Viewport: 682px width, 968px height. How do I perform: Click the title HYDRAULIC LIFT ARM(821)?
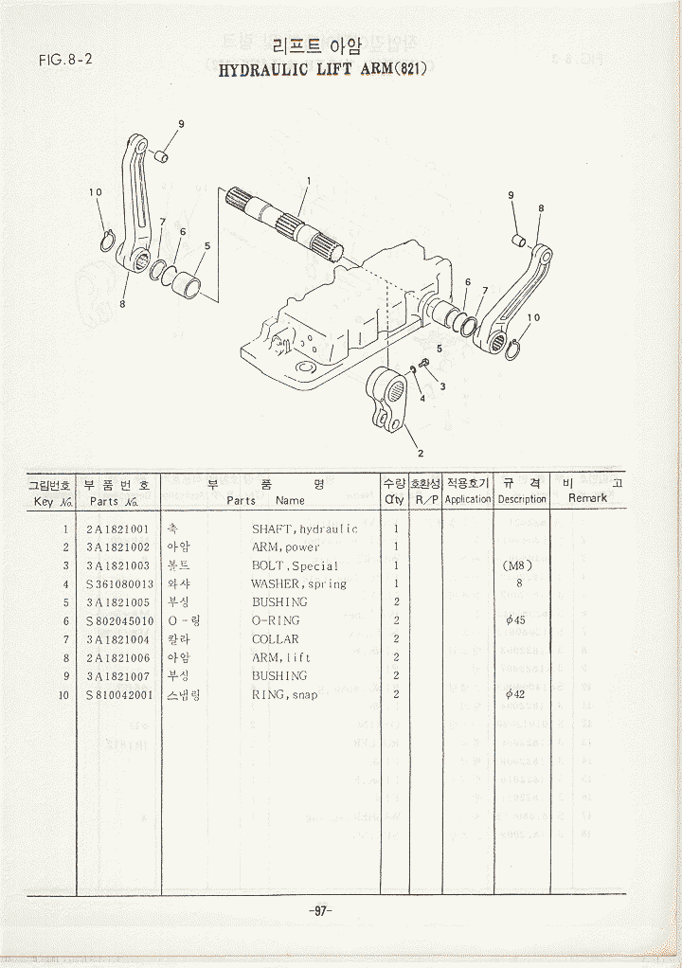coord(323,70)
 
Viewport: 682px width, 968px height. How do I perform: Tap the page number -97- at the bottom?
coord(319,910)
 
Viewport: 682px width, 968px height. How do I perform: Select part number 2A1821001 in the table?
coord(117,529)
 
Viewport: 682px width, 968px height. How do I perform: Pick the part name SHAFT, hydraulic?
coord(304,529)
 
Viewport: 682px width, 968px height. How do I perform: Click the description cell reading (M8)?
coord(518,566)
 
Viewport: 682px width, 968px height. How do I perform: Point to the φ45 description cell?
coord(517,620)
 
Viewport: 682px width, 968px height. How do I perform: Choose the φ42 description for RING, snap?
coord(517,694)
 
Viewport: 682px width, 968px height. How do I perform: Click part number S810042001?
coord(117,694)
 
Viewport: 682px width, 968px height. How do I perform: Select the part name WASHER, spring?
coord(298,584)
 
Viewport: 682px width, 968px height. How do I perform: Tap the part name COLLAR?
coord(275,639)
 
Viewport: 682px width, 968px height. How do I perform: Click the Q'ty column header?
coord(394,499)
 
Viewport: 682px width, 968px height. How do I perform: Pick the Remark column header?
coord(587,498)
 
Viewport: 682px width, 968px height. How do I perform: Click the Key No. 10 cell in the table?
coord(64,694)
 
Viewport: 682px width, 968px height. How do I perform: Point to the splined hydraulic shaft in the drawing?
coord(284,224)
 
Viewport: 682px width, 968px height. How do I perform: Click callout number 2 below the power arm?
coord(421,452)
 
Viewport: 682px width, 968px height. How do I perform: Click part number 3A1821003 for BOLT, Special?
coord(117,566)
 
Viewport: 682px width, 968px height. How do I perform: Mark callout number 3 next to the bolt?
coord(442,386)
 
